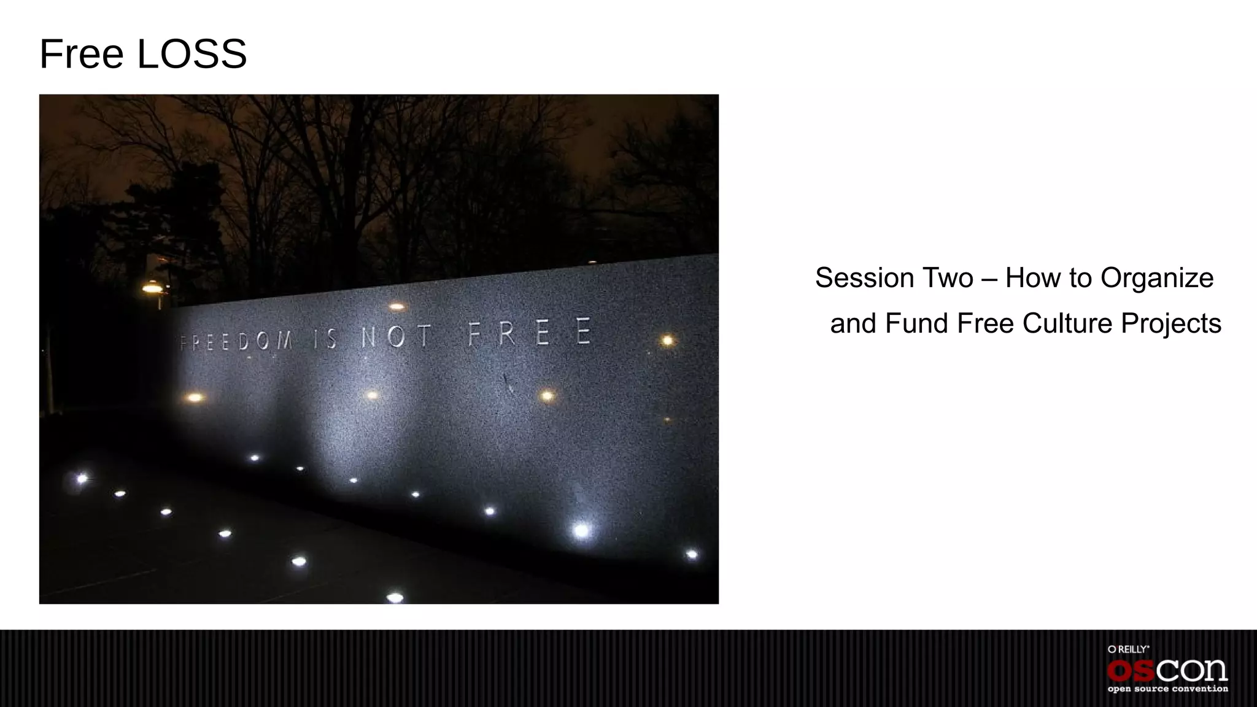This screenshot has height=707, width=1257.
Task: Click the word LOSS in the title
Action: (x=191, y=54)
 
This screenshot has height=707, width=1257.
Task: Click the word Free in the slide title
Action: (x=82, y=54)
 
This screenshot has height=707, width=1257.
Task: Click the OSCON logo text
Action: (x=1167, y=670)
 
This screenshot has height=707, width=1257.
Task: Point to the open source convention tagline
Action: (x=1167, y=689)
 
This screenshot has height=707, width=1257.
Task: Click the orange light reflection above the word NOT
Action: (x=396, y=306)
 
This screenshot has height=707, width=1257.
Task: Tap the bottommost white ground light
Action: (x=395, y=597)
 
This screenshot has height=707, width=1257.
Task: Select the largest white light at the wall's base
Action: (x=581, y=530)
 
